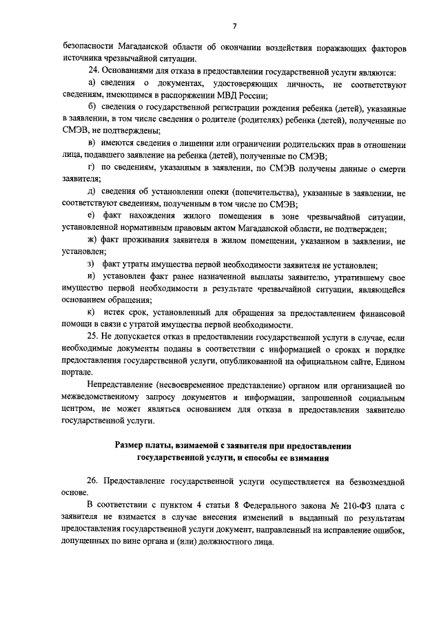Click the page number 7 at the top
point(234,27)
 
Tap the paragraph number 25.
point(95,337)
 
